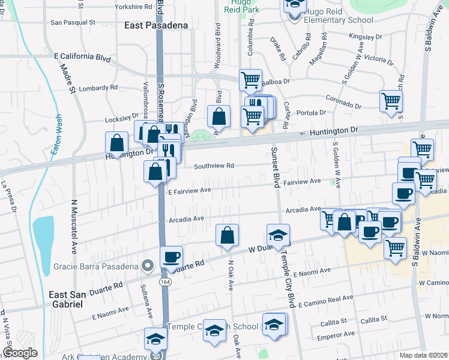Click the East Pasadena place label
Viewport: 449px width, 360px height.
point(156,25)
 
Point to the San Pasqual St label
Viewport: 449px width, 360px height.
point(73,22)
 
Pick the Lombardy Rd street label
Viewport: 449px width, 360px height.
point(98,88)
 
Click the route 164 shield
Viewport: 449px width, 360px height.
point(164,281)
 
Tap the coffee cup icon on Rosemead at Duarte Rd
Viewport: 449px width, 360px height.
point(171,257)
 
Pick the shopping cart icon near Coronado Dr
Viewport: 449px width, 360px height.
point(391,100)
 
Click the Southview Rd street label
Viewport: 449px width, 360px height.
point(213,166)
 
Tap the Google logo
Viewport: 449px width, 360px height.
point(20,353)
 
